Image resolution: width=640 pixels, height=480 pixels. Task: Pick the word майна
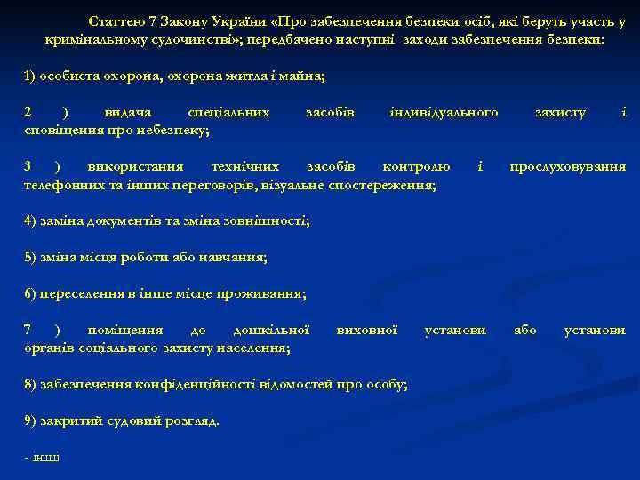click(x=306, y=77)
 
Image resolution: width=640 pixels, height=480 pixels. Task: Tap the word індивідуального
click(x=444, y=113)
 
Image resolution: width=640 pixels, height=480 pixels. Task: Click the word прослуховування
click(x=567, y=167)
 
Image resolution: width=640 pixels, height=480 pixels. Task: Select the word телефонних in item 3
click(x=61, y=186)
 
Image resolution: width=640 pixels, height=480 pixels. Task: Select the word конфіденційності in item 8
click(x=196, y=384)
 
